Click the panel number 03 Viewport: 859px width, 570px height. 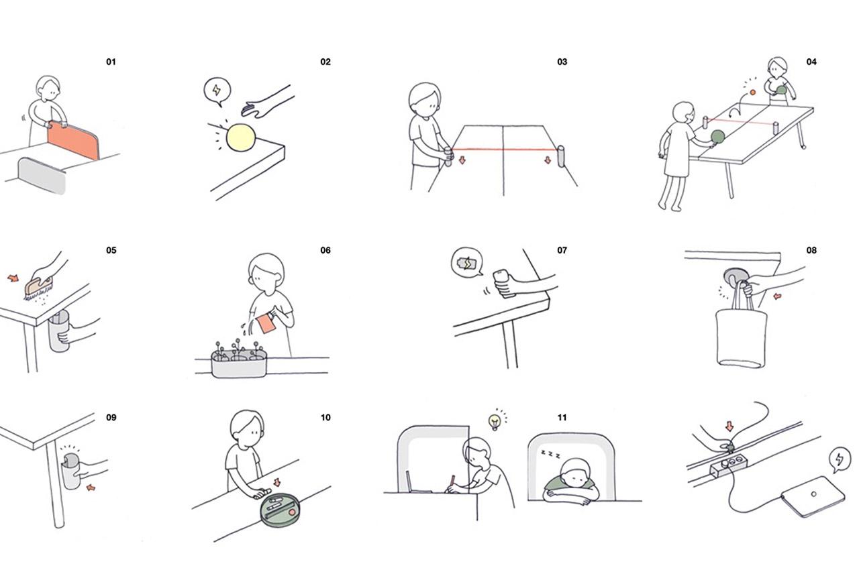point(562,62)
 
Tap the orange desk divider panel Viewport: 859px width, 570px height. point(73,141)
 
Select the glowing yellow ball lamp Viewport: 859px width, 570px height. point(240,137)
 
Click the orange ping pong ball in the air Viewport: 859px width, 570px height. point(752,93)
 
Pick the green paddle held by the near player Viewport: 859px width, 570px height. point(717,137)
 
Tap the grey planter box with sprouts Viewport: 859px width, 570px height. point(239,363)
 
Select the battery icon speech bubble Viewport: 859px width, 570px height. point(467,262)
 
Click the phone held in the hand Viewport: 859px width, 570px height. point(503,284)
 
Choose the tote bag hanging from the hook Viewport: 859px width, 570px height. point(742,330)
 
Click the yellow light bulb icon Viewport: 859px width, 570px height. point(495,422)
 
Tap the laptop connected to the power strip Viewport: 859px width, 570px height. point(813,496)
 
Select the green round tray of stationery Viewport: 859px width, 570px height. point(281,510)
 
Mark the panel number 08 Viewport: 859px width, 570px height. point(811,250)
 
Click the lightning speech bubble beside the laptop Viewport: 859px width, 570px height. point(839,459)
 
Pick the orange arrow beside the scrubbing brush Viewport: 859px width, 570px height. point(13,278)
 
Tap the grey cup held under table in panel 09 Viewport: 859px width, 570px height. point(71,471)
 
